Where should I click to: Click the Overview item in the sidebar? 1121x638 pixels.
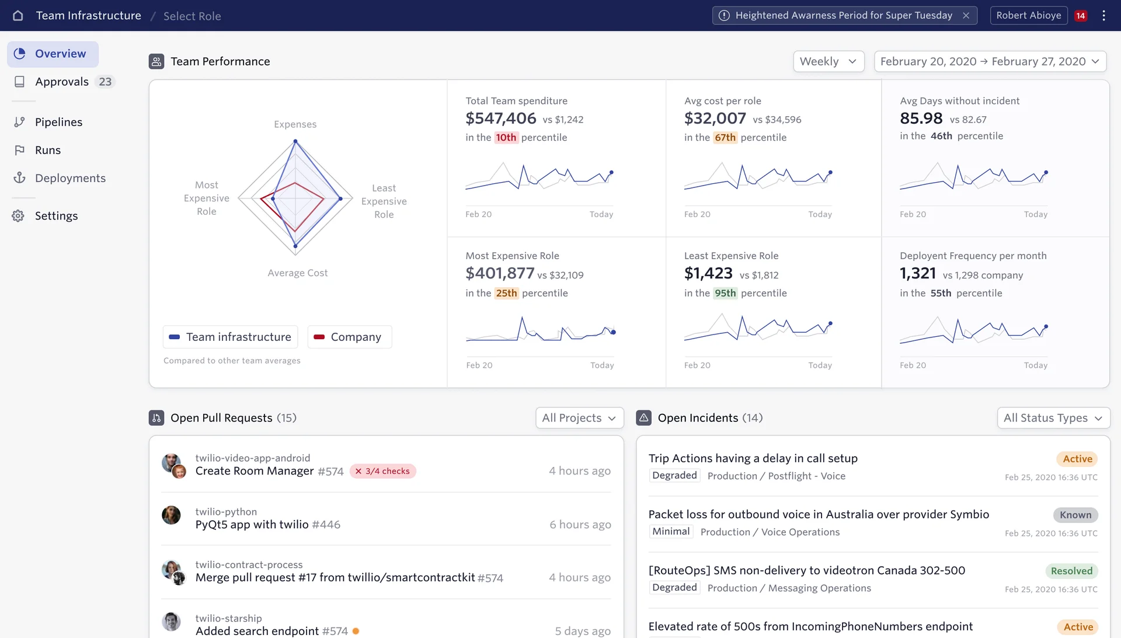coord(53,54)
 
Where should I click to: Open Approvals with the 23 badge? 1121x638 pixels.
coord(63,82)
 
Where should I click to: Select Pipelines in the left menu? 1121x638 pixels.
coord(48,122)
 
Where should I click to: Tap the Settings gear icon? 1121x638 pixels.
coord(19,216)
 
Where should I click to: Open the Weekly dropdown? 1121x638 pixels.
coord(828,61)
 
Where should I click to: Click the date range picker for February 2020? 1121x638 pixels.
coord(990,61)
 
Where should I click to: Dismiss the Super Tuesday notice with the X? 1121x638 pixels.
coord(966,16)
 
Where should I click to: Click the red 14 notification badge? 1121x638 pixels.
coord(1081,16)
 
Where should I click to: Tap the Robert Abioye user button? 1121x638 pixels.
coord(1029,16)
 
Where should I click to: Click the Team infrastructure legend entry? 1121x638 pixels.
coord(230,337)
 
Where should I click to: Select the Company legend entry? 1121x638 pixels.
coord(350,337)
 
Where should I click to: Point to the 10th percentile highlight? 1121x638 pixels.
coord(506,138)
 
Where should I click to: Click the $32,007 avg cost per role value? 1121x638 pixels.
coord(715,118)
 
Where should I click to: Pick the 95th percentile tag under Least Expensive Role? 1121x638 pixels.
coord(725,293)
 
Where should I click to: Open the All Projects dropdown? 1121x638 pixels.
coord(579,418)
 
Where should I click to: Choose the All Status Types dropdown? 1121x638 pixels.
coord(1053,418)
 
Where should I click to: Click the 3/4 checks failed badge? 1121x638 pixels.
coord(382,471)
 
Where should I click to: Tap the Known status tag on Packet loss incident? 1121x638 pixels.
coord(1075,515)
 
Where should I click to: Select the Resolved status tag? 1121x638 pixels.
coord(1071,571)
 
